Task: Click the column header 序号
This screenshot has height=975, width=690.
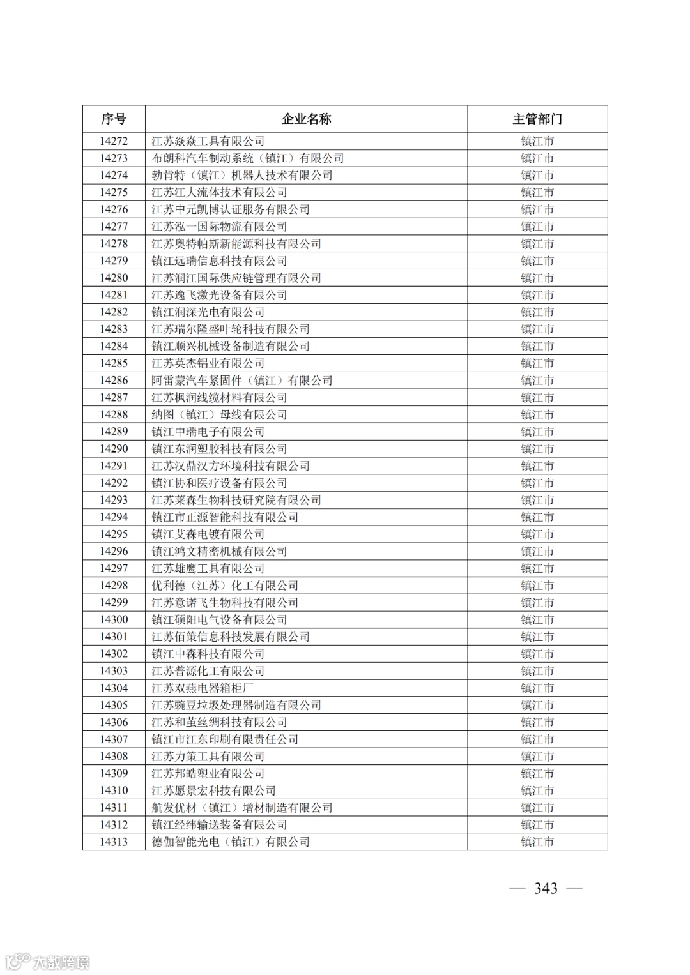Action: pyautogui.click(x=114, y=119)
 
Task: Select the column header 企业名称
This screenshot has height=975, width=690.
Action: pyautogui.click(x=306, y=119)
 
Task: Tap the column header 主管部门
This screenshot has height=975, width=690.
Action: pyautogui.click(x=537, y=119)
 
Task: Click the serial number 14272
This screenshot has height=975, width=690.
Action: pyautogui.click(x=114, y=141)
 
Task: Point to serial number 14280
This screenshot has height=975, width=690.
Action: pyautogui.click(x=114, y=278)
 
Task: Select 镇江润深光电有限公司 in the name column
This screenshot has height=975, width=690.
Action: pyautogui.click(x=208, y=312)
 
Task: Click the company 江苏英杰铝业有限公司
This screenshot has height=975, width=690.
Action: pyautogui.click(x=208, y=363)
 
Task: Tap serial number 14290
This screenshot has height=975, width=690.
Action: pyautogui.click(x=114, y=449)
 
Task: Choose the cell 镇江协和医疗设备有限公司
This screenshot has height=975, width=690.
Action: pyautogui.click(x=219, y=483)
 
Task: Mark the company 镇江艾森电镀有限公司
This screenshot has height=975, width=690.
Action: pyautogui.click(x=208, y=534)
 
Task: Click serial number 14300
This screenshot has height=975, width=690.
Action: pyautogui.click(x=114, y=620)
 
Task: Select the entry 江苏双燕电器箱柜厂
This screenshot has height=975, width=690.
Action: pyautogui.click(x=202, y=688)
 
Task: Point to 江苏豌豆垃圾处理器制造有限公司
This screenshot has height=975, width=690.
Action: pyautogui.click(x=236, y=706)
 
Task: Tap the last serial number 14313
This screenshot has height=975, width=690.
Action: pyautogui.click(x=114, y=842)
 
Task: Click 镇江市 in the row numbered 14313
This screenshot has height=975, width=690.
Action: pyautogui.click(x=537, y=842)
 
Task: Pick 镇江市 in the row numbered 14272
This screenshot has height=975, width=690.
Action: pyautogui.click(x=537, y=141)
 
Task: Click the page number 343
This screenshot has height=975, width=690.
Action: pyautogui.click(x=546, y=888)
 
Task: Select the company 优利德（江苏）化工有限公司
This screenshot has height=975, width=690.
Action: pyautogui.click(x=225, y=586)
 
